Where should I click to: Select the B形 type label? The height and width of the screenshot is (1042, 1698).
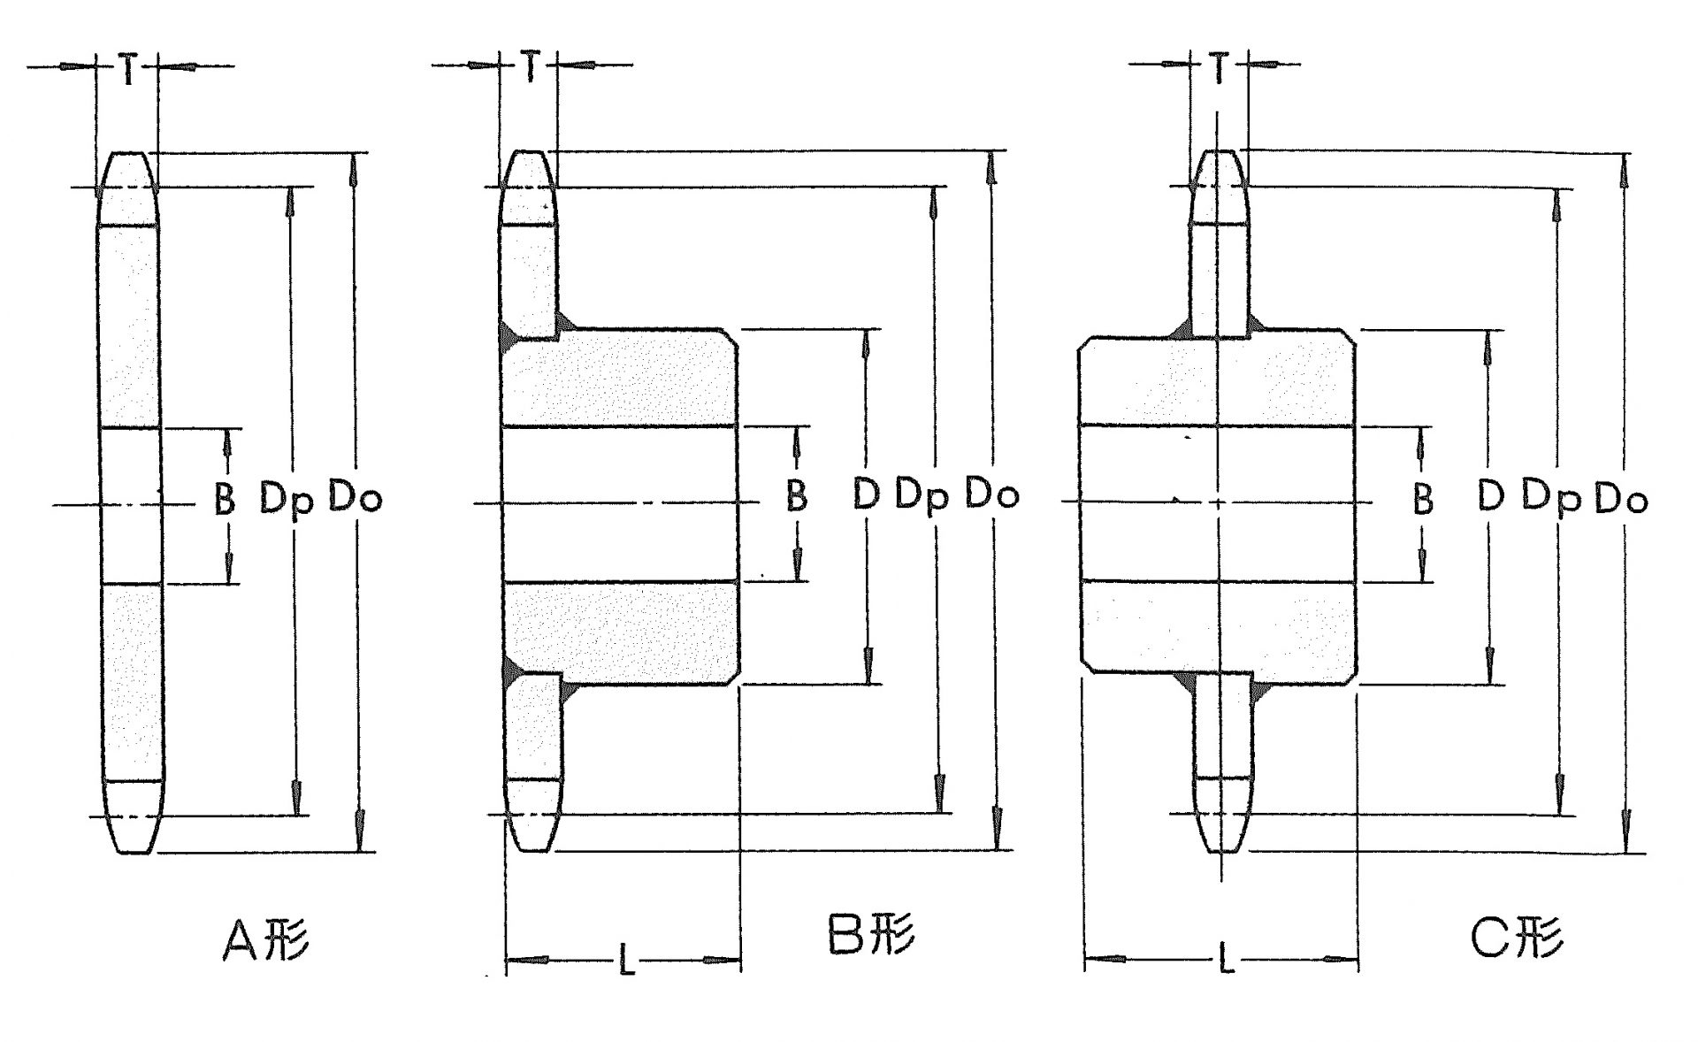pos(871,933)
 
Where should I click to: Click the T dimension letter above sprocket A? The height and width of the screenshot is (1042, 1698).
pos(128,70)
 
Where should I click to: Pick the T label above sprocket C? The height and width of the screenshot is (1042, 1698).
pos(1220,67)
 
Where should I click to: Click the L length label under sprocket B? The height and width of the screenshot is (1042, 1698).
pos(626,959)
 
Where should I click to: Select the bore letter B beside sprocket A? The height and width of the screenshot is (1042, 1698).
pos(226,500)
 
